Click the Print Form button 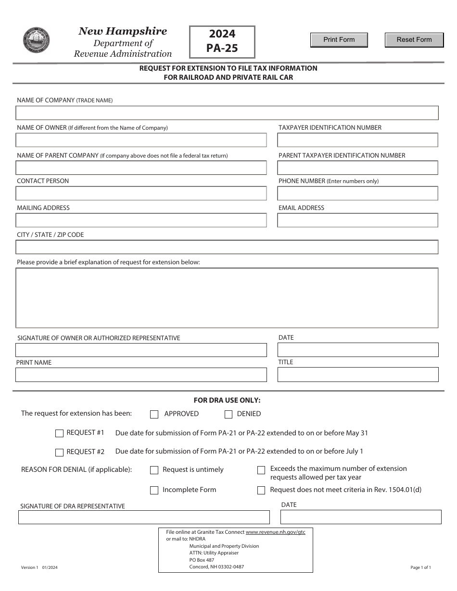(x=339, y=40)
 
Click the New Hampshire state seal (x=37, y=40)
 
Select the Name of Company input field (x=227, y=113)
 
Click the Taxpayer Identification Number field (x=357, y=140)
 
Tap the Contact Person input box (x=141, y=193)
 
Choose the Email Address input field (x=357, y=220)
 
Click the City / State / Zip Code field (x=227, y=247)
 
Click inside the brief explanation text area (x=227, y=298)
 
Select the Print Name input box (x=141, y=375)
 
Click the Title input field (x=358, y=375)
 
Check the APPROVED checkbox (x=154, y=414)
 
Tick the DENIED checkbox (x=228, y=414)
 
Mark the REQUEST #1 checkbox (x=60, y=433)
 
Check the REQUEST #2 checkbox (x=60, y=452)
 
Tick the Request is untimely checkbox (x=154, y=470)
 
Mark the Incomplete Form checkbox (x=154, y=491)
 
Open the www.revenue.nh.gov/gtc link (x=275, y=532)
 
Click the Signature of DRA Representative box (x=144, y=517)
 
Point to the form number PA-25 (x=222, y=48)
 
